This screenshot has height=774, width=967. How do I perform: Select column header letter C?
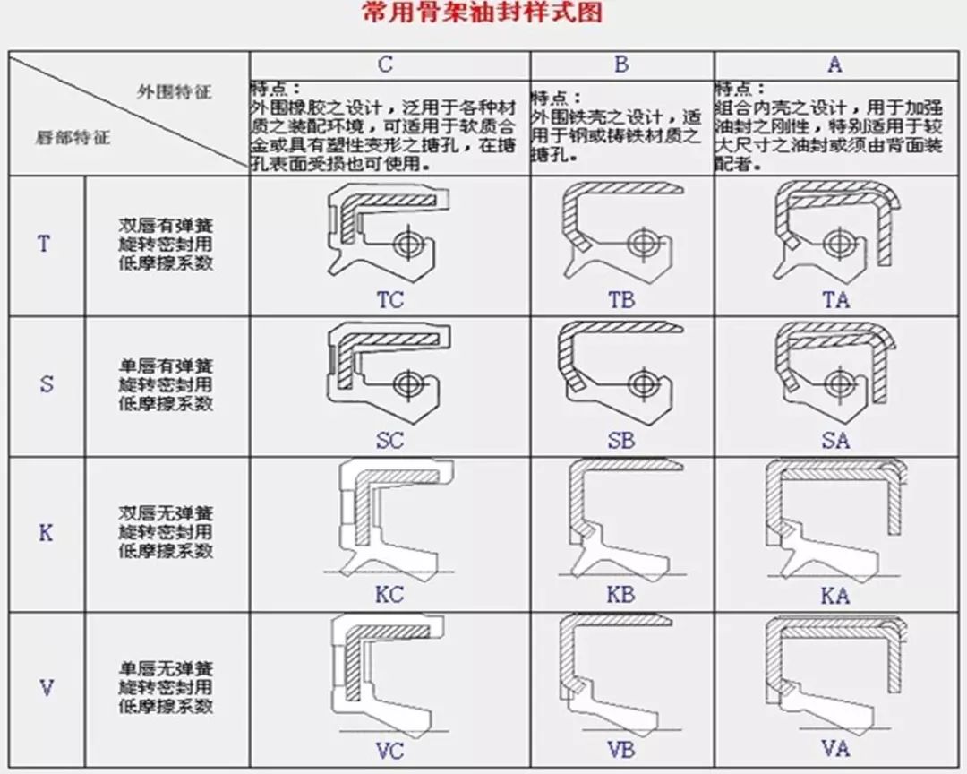click(385, 65)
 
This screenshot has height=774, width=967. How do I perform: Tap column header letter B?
click(621, 65)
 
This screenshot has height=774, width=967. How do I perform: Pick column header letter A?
click(834, 65)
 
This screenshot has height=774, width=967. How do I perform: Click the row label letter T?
click(44, 244)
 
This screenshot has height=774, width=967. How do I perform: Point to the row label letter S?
click(47, 385)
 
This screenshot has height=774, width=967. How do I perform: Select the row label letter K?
click(46, 533)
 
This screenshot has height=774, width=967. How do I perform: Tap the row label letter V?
click(47, 688)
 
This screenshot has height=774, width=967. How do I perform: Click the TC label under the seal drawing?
click(389, 300)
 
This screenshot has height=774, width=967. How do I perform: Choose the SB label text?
click(620, 441)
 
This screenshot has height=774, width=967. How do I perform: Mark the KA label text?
click(834, 596)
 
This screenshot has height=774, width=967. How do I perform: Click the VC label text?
click(389, 751)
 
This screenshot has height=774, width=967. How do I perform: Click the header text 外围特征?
click(174, 91)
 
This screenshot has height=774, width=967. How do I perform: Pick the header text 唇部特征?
click(73, 139)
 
